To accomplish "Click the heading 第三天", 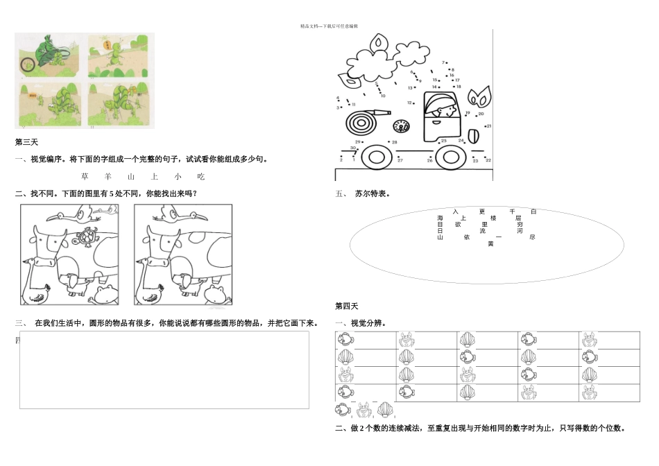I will tap(26, 142).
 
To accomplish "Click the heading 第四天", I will tap(346, 306).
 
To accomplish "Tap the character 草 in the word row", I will tap(85, 177).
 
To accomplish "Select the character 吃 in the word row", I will tap(201, 177).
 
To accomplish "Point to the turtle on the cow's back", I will tap(87, 236).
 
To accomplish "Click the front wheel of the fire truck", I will tap(375, 156).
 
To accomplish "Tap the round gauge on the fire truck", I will tap(400, 127).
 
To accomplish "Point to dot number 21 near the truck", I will tap(488, 126).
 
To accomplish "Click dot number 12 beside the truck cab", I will tap(411, 103).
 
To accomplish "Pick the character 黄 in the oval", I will tap(490, 243).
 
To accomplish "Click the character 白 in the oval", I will tap(533, 212).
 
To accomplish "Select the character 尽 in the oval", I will tap(532, 237).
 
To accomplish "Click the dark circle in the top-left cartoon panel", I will tap(28, 65).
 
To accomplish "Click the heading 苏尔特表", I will tap(373, 194).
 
